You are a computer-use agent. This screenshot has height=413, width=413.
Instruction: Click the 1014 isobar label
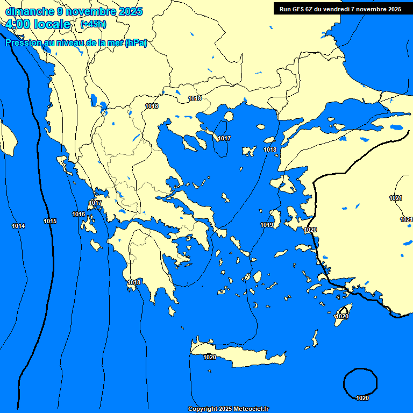pos(18,226)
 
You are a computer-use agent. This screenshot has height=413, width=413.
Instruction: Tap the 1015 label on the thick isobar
pos(50,221)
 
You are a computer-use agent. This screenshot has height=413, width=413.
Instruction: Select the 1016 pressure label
pos(79,214)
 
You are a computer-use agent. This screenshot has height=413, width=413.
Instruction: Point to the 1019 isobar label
pos(267,225)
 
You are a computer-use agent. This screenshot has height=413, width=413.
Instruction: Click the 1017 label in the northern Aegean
pos(224,138)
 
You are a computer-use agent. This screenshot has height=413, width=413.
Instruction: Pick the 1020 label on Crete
pos(210,357)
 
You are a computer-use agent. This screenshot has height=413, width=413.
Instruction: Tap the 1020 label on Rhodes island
pos(341,316)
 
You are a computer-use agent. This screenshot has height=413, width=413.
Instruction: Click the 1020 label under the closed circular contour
pos(362,398)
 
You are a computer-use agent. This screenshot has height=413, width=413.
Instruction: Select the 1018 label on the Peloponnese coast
pos(134,282)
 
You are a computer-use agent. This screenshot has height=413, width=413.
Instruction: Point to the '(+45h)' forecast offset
pos(93,24)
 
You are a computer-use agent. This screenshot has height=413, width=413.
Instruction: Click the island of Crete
pos(242,355)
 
